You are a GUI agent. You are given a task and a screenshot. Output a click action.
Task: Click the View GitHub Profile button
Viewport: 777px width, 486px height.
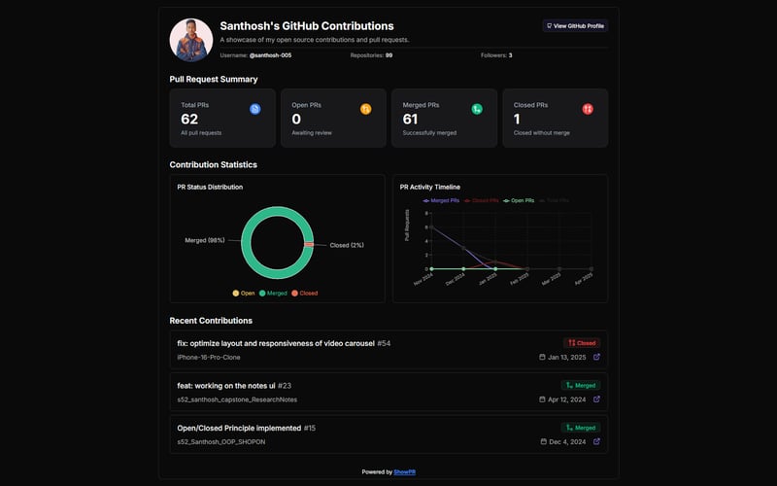click(x=575, y=26)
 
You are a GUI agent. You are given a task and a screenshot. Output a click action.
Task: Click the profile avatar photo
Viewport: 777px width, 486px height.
click(x=191, y=40)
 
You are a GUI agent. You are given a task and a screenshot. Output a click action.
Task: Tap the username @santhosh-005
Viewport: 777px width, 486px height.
click(x=270, y=55)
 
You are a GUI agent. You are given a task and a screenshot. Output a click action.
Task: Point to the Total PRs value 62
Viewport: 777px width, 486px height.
click(x=189, y=119)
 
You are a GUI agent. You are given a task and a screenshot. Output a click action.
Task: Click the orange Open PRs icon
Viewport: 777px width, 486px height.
click(x=366, y=109)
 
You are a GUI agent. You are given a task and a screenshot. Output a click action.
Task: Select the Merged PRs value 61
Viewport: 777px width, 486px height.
click(x=411, y=119)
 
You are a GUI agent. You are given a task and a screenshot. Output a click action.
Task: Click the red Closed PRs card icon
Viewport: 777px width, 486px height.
click(x=588, y=109)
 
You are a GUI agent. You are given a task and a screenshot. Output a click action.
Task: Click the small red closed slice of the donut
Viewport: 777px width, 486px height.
click(x=309, y=245)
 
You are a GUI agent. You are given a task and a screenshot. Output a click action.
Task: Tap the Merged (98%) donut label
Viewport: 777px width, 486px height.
click(x=204, y=240)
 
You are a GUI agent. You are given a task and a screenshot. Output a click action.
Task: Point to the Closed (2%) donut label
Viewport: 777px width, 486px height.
click(x=347, y=245)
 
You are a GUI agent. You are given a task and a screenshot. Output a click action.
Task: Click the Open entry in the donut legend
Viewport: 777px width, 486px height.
click(x=243, y=293)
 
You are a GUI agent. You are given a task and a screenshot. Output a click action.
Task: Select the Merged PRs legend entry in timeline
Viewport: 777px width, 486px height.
click(x=442, y=200)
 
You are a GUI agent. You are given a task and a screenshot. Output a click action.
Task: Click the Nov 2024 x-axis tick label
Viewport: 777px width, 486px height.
click(x=423, y=280)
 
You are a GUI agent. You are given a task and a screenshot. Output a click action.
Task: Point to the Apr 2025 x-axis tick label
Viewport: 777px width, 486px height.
click(x=583, y=280)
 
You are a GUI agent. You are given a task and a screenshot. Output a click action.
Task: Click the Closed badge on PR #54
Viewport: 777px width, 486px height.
click(x=582, y=343)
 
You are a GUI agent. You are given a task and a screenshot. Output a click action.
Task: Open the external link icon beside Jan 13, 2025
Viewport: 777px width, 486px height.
click(x=596, y=357)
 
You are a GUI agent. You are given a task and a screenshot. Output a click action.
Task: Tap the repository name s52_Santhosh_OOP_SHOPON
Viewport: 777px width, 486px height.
click(x=220, y=441)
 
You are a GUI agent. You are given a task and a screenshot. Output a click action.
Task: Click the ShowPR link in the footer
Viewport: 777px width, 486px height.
click(x=404, y=471)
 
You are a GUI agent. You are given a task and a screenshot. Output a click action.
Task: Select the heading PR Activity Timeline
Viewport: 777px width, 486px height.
click(x=430, y=187)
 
